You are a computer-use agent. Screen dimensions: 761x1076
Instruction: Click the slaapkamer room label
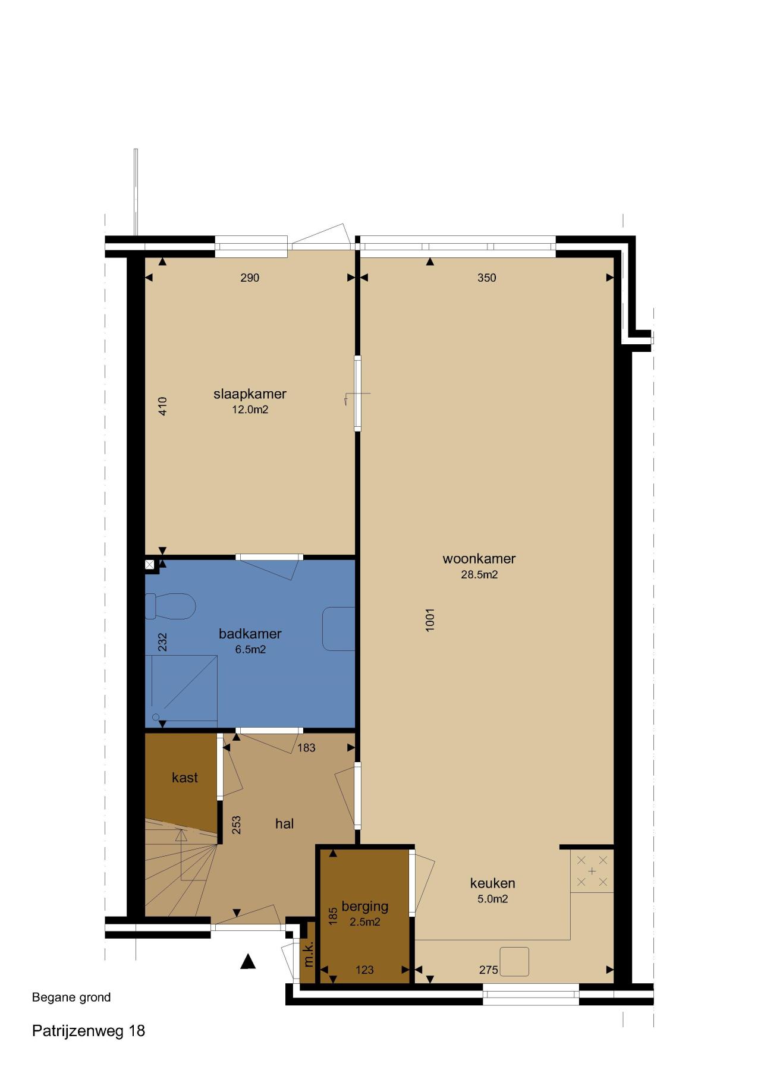click(250, 394)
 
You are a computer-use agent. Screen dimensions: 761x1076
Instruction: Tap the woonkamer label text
click(479, 559)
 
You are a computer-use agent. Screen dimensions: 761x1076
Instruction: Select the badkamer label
click(250, 634)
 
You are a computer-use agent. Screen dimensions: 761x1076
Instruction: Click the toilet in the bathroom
click(171, 606)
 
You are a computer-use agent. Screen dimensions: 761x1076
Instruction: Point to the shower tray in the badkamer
click(181, 688)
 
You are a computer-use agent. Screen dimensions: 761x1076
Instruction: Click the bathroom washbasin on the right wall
click(339, 628)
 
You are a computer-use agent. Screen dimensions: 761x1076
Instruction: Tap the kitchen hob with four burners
click(592, 871)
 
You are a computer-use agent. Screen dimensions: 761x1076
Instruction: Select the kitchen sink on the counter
click(514, 961)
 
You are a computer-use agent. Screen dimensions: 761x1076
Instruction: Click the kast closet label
click(185, 778)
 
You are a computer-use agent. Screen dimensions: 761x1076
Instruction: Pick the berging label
click(365, 907)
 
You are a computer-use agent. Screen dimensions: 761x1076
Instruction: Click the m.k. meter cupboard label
click(308, 954)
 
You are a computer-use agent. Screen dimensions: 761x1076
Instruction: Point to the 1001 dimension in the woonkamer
click(430, 619)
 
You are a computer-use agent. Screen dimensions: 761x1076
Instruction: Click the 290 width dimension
click(250, 278)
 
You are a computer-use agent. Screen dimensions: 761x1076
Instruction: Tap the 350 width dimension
click(486, 278)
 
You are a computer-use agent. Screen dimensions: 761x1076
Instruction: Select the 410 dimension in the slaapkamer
click(163, 406)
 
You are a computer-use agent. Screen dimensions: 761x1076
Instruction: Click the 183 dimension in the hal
click(306, 748)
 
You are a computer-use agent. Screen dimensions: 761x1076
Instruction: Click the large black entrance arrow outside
click(248, 961)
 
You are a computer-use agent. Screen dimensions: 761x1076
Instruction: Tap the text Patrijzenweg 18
click(89, 1031)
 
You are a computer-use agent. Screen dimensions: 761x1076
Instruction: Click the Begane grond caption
click(71, 998)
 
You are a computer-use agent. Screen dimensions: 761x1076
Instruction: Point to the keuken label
click(492, 883)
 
